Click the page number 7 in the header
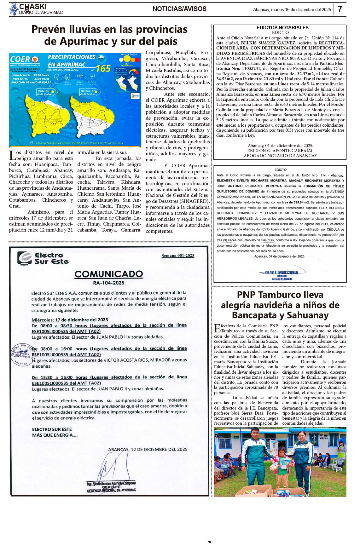(340, 9)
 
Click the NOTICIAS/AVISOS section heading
(179, 9)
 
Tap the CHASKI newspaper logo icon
(14, 9)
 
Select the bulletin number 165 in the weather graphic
(103, 69)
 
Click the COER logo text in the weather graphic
(20, 59)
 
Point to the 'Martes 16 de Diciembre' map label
(44, 93)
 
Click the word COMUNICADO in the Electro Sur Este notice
(109, 274)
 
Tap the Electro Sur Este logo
(43, 258)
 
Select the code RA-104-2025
(109, 283)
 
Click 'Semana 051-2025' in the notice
(178, 256)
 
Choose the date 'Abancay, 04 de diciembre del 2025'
(280, 256)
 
